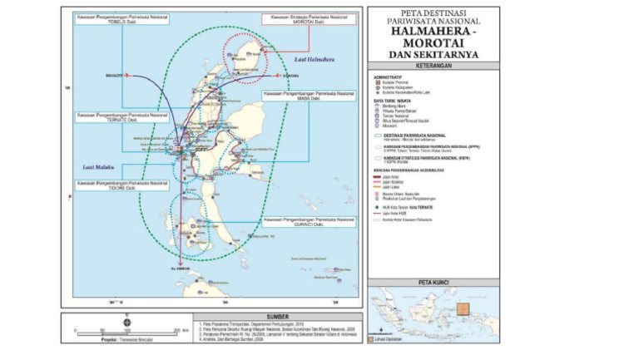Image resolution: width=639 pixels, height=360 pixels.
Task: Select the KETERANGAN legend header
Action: (x=433, y=66)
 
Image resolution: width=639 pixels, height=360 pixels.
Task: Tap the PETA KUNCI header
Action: (x=433, y=283)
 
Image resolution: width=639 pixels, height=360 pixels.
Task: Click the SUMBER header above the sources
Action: (x=211, y=317)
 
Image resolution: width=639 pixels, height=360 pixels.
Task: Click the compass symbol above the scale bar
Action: (x=126, y=320)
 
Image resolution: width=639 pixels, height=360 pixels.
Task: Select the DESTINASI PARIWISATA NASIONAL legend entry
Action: (x=416, y=134)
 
